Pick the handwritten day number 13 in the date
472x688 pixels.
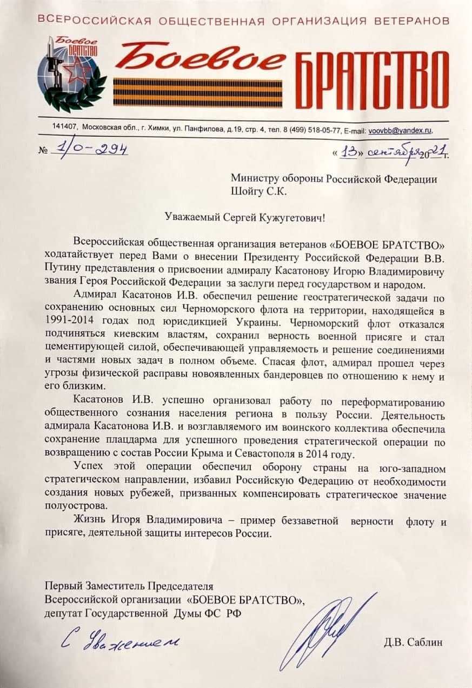tap(349, 153)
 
